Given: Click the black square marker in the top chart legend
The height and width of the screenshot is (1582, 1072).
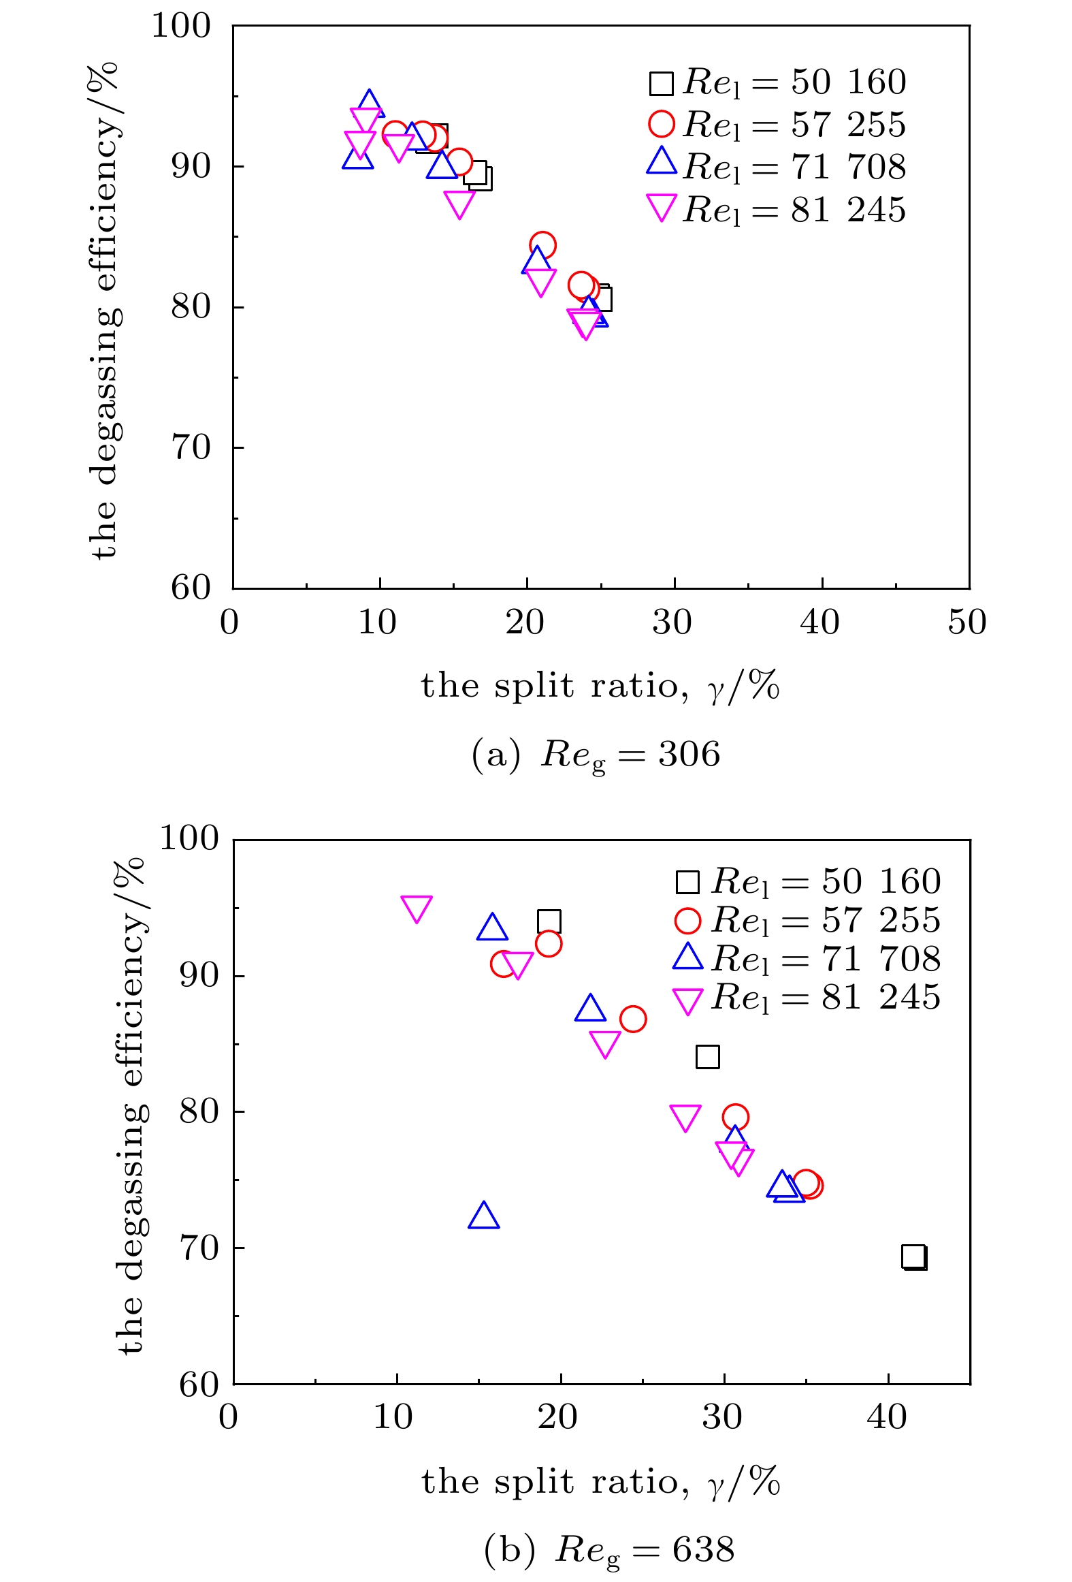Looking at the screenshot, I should pos(661,84).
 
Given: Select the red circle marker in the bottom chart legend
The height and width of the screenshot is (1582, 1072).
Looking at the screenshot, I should pos(687,921).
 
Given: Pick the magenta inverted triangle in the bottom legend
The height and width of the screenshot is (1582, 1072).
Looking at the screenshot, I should pos(687,1000).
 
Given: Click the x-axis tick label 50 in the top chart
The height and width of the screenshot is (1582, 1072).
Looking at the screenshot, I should pos(967,622).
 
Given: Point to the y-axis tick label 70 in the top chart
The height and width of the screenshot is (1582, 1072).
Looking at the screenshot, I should pos(191,448).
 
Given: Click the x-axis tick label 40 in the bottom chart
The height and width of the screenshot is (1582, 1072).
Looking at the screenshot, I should pos(887,1418).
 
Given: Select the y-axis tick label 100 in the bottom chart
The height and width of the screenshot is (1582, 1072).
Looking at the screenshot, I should pos(189,838).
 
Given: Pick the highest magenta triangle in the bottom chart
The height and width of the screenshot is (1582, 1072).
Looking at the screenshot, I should pos(417,908).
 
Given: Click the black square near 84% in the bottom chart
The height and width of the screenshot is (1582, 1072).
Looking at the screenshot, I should pos(708,1057).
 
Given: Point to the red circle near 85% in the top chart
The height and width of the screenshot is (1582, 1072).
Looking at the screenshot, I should pos(542,245).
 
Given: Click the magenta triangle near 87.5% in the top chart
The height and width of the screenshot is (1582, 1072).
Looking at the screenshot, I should pos(459,203).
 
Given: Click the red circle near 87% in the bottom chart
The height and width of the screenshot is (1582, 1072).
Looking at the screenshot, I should pos(633,1019).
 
